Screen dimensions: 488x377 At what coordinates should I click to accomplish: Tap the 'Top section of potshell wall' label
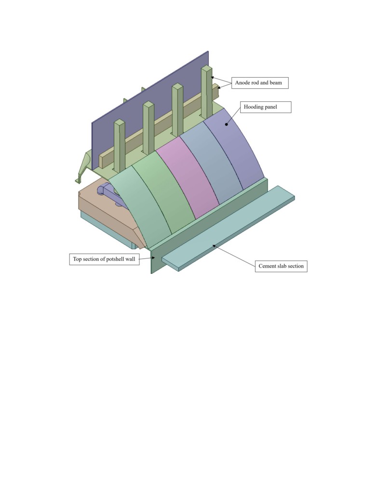[x=104, y=259]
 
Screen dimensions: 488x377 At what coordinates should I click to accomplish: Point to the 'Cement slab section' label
[x=281, y=266]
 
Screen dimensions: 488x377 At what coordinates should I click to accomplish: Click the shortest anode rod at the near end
[x=119, y=145]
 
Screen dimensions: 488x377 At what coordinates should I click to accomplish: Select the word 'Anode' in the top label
[x=242, y=83]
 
